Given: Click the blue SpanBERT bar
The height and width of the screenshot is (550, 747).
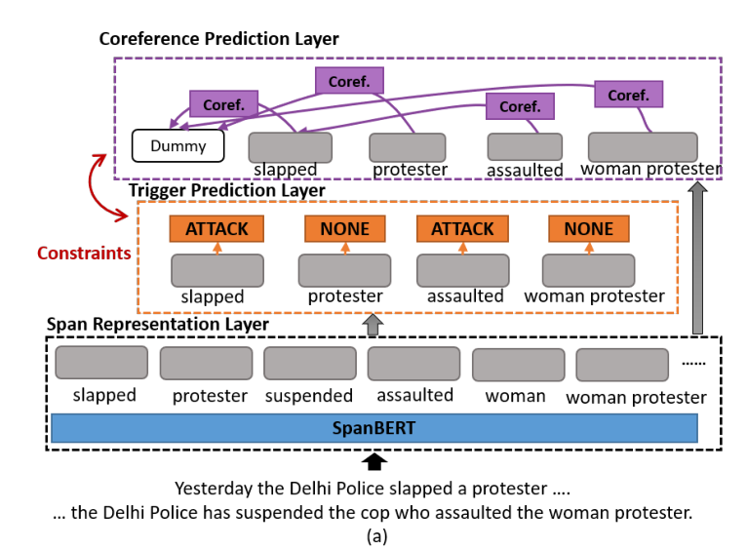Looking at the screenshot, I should click(x=373, y=428).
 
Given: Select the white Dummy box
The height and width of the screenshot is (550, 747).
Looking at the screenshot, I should click(x=177, y=146).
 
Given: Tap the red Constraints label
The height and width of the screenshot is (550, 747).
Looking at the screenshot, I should click(x=84, y=253).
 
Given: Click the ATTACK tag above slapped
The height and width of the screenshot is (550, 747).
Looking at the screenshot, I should click(x=216, y=229).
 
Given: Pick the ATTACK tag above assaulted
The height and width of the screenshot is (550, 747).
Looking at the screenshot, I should click(x=462, y=229).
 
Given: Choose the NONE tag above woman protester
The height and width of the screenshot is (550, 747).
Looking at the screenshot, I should click(x=588, y=229).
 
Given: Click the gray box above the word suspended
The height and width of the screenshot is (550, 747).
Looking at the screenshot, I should click(x=309, y=363).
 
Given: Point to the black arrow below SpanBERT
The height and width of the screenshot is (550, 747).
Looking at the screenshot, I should click(x=373, y=459).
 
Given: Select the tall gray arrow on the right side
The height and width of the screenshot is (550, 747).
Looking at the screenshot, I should click(x=696, y=258).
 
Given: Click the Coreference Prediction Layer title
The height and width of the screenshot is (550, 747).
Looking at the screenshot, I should click(x=219, y=39).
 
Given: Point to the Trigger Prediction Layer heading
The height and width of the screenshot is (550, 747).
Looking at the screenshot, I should click(x=227, y=190).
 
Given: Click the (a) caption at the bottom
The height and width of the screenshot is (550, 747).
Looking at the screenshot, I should click(x=373, y=534).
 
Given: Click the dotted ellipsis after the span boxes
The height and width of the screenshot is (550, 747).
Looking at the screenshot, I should click(x=693, y=362).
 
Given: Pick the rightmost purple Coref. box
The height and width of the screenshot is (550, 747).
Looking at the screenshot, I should click(x=628, y=95).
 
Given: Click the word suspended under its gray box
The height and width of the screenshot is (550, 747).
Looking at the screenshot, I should click(x=309, y=396).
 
